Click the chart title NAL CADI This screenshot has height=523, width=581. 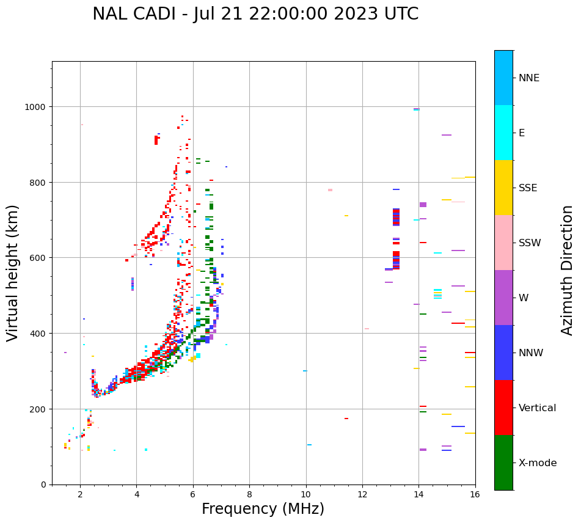point(255,14)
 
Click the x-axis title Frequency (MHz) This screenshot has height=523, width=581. point(263,509)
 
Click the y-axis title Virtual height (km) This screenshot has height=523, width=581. point(13,272)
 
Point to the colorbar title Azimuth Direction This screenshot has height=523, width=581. point(568,270)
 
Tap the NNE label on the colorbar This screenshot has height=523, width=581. point(529,78)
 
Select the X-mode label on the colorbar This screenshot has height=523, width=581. point(538,463)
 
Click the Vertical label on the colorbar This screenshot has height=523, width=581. point(538,408)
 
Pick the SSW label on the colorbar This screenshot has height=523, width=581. point(530,243)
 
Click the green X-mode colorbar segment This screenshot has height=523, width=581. point(503,463)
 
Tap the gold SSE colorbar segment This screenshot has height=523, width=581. point(503,188)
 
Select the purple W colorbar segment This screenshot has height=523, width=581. point(503,298)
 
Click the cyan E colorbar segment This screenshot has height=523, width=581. point(503,133)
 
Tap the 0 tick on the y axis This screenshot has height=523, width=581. point(44,485)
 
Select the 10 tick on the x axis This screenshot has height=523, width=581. point(305,496)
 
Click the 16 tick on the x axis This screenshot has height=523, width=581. point(475,496)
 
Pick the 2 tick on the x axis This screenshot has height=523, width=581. point(80,496)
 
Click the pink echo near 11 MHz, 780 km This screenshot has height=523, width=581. point(330,190)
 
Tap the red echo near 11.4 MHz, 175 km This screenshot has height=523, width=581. point(346,419)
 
